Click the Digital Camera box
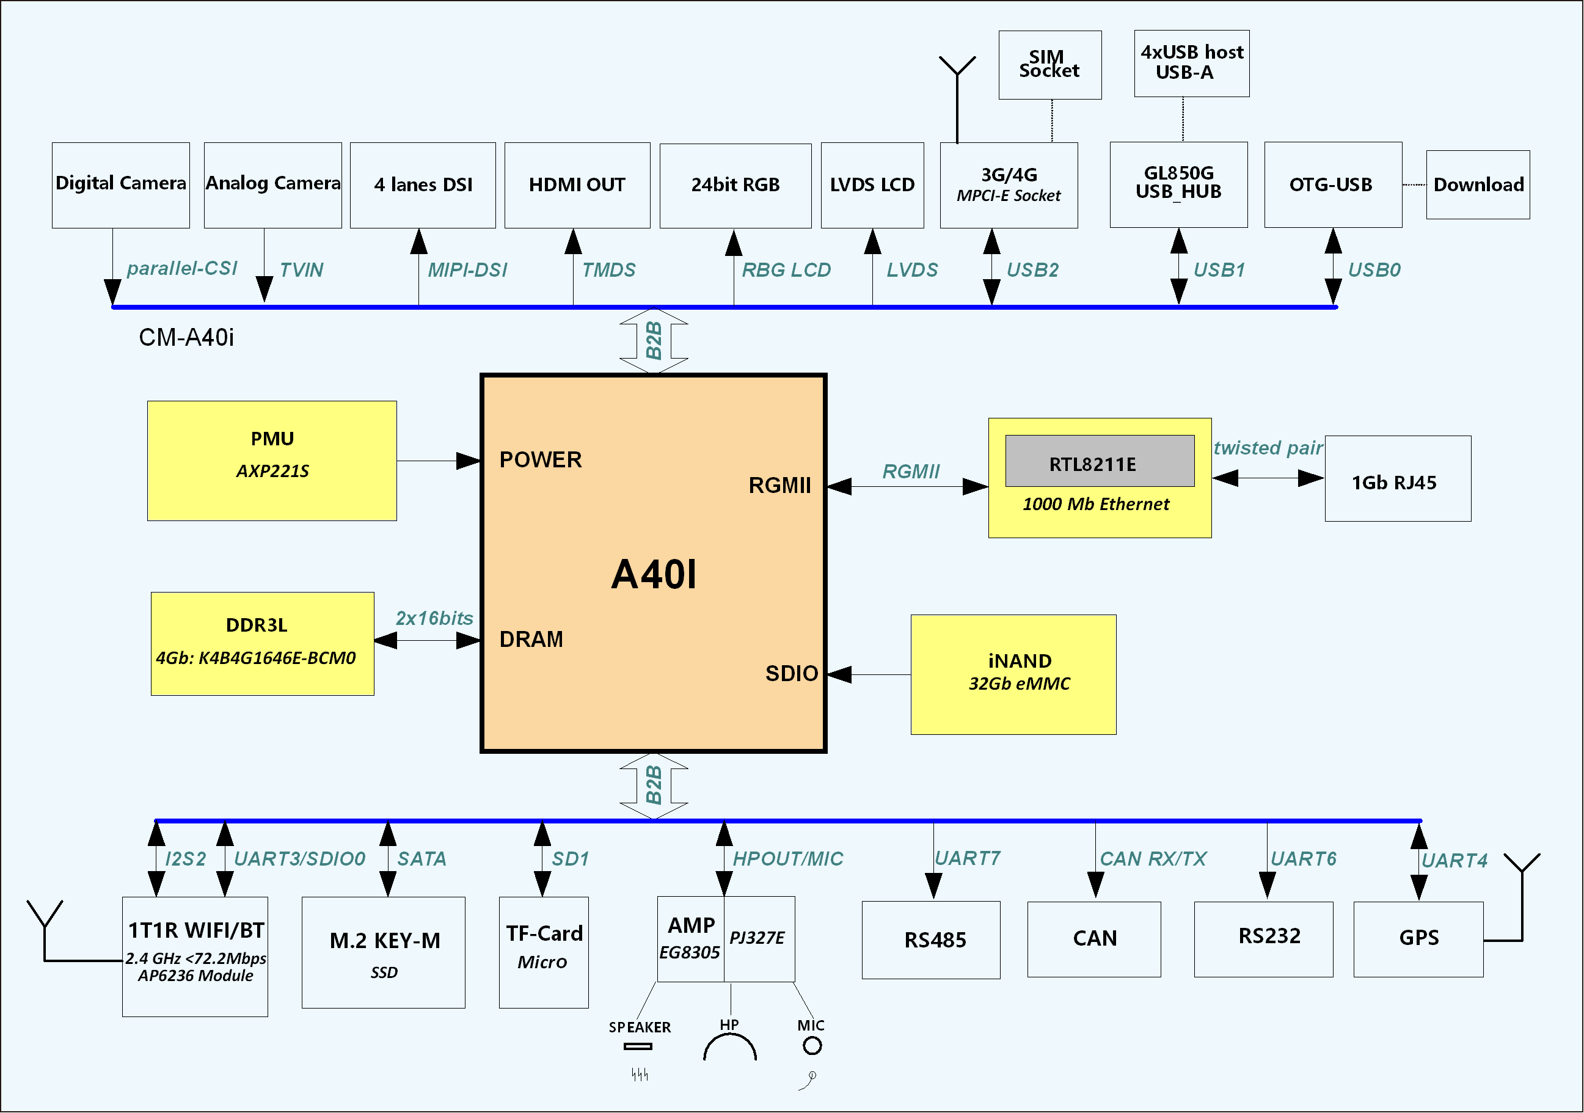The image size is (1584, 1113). [121, 185]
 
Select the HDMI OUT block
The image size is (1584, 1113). [577, 185]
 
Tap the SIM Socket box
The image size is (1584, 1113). [1049, 65]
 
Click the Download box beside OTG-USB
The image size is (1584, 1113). [1478, 185]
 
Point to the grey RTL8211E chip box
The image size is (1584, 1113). [1099, 461]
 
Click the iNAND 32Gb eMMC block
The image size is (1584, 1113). [1013, 674]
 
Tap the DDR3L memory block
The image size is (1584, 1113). [262, 643]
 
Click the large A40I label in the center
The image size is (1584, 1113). [653, 574]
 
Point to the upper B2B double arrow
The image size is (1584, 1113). [653, 341]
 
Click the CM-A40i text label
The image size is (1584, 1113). [186, 337]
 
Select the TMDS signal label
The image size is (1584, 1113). [608, 270]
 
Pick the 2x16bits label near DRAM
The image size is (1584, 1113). [434, 618]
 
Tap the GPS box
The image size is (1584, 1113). [1418, 938]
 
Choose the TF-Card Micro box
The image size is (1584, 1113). [544, 952]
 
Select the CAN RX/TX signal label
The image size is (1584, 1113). [1152, 859]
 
